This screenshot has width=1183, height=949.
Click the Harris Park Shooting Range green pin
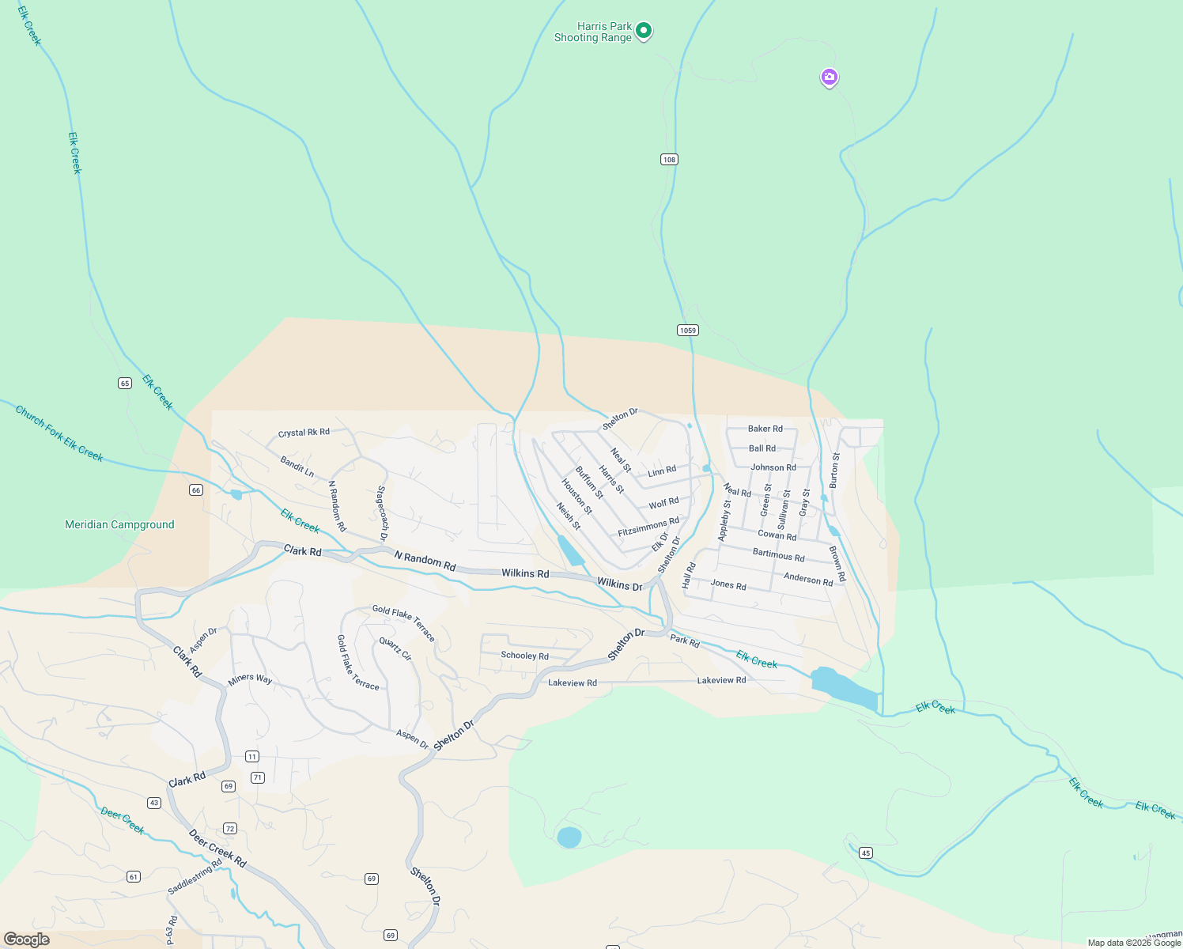[x=644, y=31]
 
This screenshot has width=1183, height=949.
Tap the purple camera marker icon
[x=829, y=78]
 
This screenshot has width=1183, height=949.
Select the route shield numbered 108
[x=669, y=160]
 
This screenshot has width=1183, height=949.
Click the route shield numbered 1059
[x=688, y=330]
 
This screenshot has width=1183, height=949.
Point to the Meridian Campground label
[x=119, y=525]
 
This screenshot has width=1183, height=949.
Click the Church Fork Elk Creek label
[x=59, y=433]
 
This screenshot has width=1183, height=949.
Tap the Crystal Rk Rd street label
[x=304, y=433]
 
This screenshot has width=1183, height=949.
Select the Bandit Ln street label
[x=297, y=467]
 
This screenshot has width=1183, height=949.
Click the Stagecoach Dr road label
[x=382, y=513]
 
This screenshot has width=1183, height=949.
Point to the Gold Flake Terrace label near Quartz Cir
[x=403, y=622]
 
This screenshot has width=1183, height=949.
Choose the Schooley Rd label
[x=524, y=656]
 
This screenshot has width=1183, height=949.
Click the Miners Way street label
[x=250, y=679]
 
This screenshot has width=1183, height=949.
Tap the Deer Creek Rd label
[x=217, y=849]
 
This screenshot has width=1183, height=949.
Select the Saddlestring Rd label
[x=195, y=877]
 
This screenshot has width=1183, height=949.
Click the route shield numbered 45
[x=866, y=853]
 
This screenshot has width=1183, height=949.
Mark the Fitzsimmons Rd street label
[x=648, y=527]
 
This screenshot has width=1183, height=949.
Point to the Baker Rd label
[x=765, y=429]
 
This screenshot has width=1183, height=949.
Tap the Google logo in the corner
[x=27, y=940]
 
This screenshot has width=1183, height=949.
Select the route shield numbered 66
[x=196, y=490]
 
